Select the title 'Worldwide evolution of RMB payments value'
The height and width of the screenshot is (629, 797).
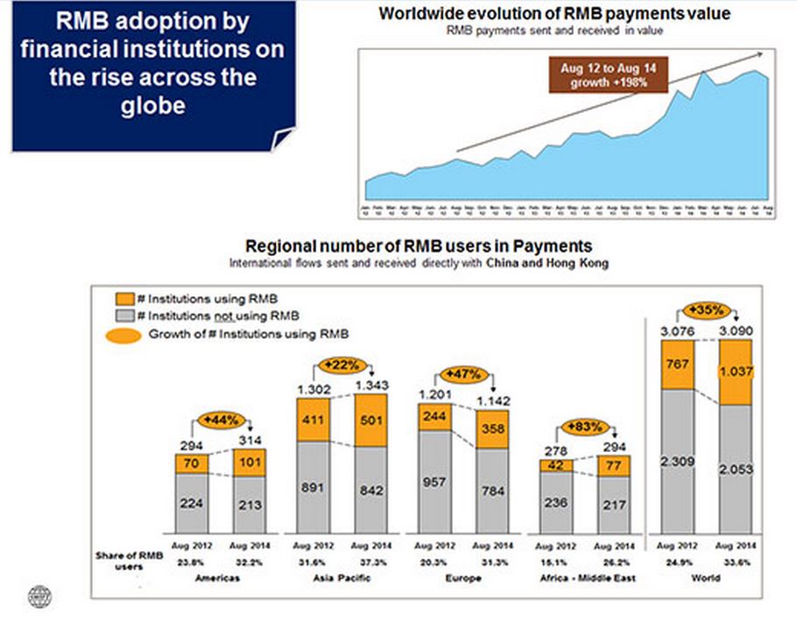tap(554, 14)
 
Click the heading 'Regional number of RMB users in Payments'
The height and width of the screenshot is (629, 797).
tap(419, 246)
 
